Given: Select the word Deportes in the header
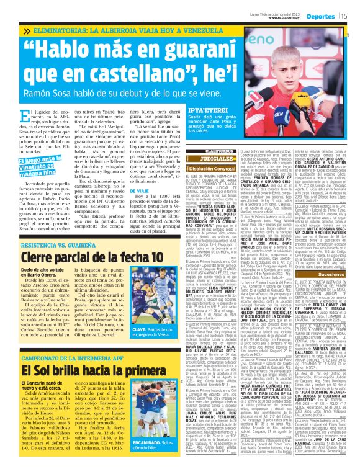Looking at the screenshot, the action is pos(322,16).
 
